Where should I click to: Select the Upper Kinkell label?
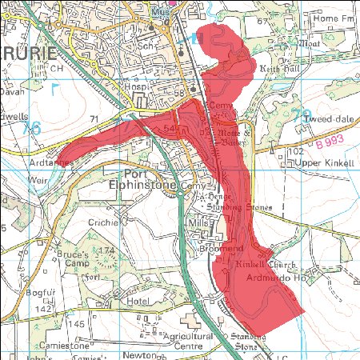(322, 163)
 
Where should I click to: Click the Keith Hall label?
(279, 69)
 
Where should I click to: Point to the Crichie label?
(103, 222)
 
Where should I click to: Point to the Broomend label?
(218, 250)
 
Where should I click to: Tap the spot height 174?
(106, 250)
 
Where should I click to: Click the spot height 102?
(298, 151)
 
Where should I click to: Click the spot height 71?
(94, 119)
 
